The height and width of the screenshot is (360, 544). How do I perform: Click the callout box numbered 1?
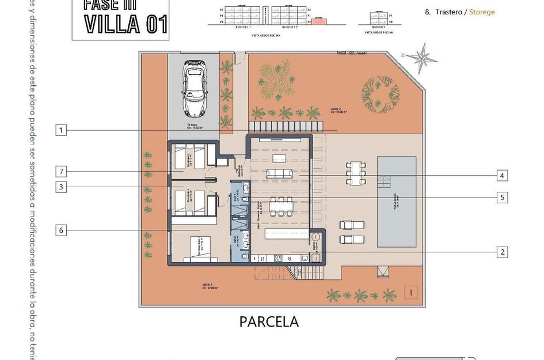(x=62, y=130)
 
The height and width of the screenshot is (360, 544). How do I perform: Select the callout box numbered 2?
(x=503, y=252)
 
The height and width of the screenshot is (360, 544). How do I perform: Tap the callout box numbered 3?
(x=62, y=187)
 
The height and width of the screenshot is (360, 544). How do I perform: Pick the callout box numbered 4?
(x=503, y=175)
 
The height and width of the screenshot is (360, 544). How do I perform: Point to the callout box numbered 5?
(x=503, y=198)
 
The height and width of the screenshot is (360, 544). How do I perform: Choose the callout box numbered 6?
(x=62, y=230)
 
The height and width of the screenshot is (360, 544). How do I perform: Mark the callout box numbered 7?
(x=62, y=171)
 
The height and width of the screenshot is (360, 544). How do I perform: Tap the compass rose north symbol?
(x=425, y=57)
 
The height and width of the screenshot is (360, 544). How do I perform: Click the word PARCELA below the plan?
(x=269, y=321)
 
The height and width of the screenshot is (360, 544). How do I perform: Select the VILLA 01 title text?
(x=126, y=24)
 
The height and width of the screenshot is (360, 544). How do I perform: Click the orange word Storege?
(x=482, y=12)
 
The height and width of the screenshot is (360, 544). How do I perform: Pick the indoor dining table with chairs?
(x=281, y=205)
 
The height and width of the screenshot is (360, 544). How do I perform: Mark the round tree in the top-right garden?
(x=380, y=92)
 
